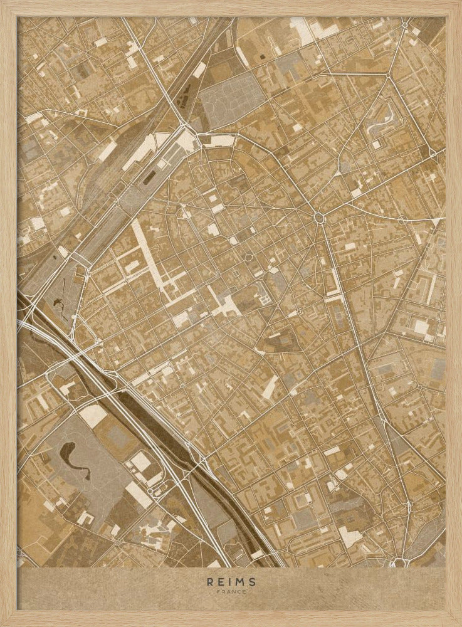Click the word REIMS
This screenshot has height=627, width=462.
pos(231,581)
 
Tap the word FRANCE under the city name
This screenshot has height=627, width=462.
pos(231,591)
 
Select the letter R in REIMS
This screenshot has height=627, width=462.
pos(210,581)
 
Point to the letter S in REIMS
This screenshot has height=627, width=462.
pos(253,581)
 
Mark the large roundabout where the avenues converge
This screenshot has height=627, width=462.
pos(319,218)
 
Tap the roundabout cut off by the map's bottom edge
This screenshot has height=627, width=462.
pos(399,562)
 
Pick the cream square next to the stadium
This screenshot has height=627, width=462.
pos(140,463)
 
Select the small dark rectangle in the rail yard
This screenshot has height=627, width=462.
pos(149,178)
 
